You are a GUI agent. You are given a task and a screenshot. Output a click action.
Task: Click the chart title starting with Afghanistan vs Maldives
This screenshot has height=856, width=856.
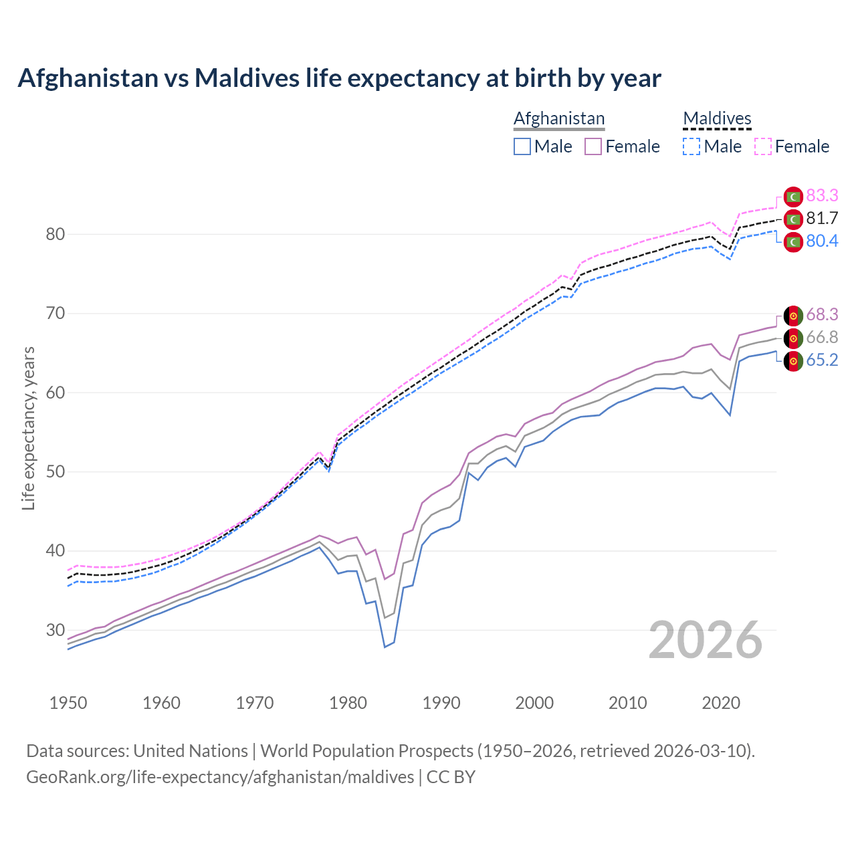pyautogui.click(x=339, y=78)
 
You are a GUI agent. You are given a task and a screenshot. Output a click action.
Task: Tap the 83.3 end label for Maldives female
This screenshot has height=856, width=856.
pyautogui.click(x=822, y=195)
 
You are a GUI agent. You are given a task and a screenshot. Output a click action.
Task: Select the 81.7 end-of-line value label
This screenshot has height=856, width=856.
pyautogui.click(x=822, y=218)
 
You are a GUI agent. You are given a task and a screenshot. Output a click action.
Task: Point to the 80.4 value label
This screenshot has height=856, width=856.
pyautogui.click(x=822, y=241)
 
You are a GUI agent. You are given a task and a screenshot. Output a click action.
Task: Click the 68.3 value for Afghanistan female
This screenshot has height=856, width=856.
pyautogui.click(x=822, y=314)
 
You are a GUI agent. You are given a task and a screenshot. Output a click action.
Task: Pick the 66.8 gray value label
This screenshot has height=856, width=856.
pyautogui.click(x=822, y=337)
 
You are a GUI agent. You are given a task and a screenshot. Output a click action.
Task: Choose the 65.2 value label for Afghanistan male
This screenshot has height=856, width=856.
pyautogui.click(x=822, y=360)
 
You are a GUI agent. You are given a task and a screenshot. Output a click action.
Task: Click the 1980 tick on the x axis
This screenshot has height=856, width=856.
pyautogui.click(x=348, y=703)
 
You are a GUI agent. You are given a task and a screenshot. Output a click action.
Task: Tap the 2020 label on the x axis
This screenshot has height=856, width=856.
pyautogui.click(x=721, y=703)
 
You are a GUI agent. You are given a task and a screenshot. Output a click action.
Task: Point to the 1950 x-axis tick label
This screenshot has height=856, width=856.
pyautogui.click(x=69, y=703)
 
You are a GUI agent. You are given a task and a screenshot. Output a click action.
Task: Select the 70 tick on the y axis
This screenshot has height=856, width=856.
pyautogui.click(x=56, y=313)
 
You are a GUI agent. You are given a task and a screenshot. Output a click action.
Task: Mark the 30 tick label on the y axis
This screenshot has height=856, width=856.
pyautogui.click(x=56, y=630)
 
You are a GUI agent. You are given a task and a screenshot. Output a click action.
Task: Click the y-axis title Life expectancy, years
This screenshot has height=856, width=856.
pyautogui.click(x=29, y=428)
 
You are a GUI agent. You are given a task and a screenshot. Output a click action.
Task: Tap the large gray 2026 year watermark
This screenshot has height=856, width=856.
pyautogui.click(x=706, y=641)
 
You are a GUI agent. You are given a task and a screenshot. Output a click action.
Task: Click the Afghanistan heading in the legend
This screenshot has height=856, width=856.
pyautogui.click(x=559, y=118)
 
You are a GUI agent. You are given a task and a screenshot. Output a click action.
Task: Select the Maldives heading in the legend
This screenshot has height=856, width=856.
pyautogui.click(x=717, y=118)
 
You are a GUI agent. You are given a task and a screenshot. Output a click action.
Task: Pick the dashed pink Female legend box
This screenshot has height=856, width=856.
pyautogui.click(x=763, y=146)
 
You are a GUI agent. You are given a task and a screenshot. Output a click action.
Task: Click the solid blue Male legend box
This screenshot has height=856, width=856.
pyautogui.click(x=522, y=146)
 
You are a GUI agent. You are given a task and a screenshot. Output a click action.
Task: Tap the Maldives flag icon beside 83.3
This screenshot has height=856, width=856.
pyautogui.click(x=793, y=197)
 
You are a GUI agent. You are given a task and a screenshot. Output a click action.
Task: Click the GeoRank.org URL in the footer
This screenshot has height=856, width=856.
pyautogui.click(x=220, y=777)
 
